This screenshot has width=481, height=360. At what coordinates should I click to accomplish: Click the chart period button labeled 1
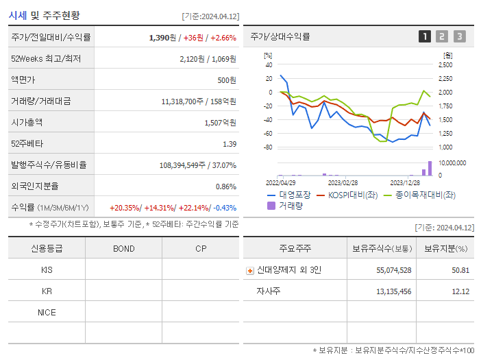(425, 36)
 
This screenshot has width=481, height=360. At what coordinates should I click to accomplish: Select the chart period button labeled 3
(459, 36)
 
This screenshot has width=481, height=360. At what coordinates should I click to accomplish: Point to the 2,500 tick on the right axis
(445, 64)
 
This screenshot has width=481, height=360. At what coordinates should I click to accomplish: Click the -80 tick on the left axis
(268, 147)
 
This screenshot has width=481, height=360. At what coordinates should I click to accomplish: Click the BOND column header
(123, 248)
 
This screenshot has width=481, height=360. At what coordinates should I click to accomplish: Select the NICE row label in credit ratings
(47, 313)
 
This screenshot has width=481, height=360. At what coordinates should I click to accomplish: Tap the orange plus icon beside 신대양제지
(249, 270)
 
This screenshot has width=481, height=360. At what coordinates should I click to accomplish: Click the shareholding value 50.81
(460, 270)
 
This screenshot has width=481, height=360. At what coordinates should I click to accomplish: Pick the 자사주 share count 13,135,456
(393, 291)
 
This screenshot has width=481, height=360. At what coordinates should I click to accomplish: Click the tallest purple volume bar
(430, 169)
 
